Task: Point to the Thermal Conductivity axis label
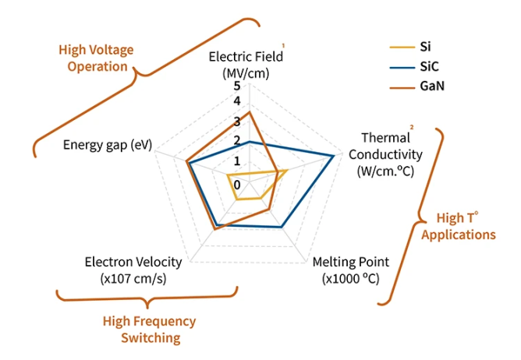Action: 390,154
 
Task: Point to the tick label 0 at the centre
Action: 237,184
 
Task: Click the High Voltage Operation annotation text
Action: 96,58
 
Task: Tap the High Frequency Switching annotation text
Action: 150,329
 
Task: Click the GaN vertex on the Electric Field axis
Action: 249,111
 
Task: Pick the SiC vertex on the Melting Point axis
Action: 282,227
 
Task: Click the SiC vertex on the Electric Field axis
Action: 249,142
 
